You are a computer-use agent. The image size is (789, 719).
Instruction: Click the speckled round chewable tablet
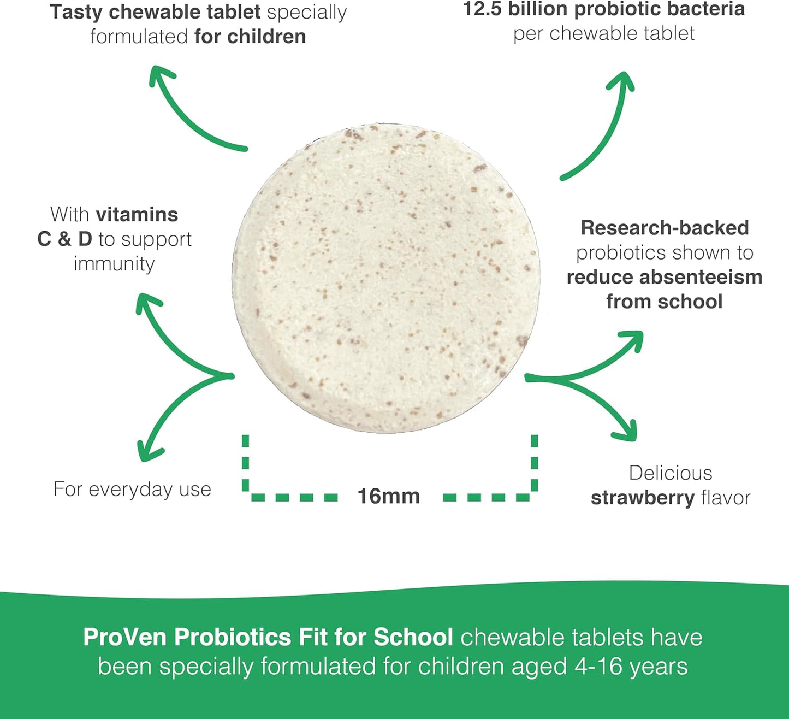click(x=386, y=279)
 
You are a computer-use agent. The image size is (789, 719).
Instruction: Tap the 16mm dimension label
click(x=389, y=496)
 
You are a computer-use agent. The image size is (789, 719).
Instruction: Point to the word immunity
click(x=114, y=264)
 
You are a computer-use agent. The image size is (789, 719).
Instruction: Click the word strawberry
click(x=643, y=498)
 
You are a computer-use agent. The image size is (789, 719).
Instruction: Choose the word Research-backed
click(x=665, y=228)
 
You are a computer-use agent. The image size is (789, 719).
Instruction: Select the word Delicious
click(x=671, y=473)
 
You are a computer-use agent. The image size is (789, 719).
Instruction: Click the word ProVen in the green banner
click(x=126, y=637)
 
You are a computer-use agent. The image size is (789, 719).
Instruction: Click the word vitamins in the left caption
click(x=137, y=215)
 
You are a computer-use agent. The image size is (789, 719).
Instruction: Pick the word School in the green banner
click(x=413, y=637)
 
